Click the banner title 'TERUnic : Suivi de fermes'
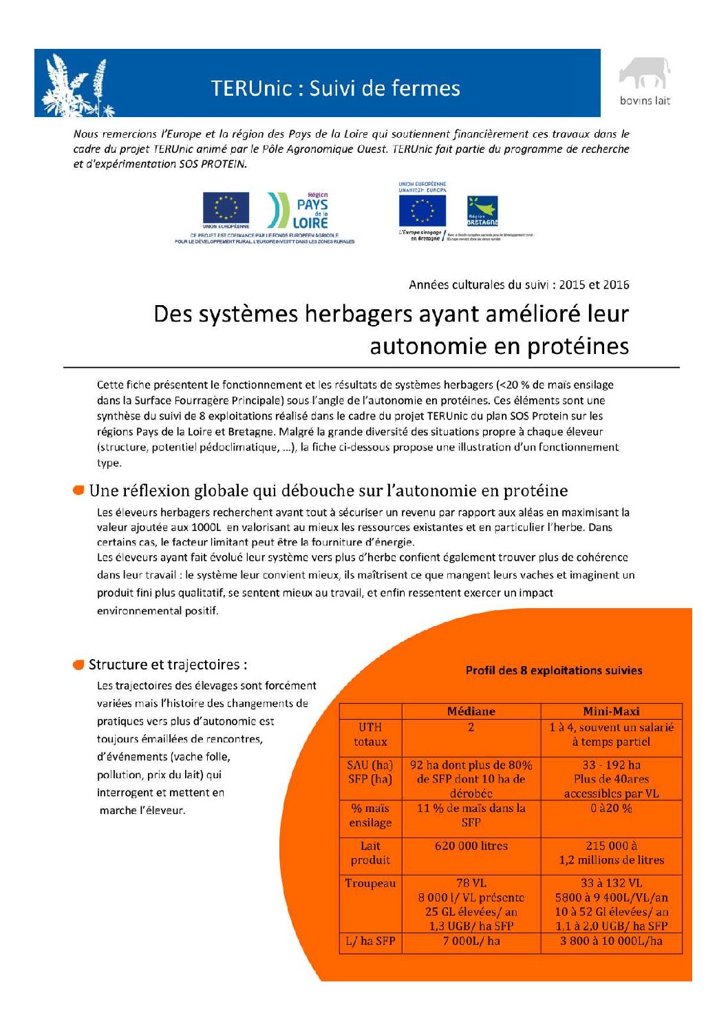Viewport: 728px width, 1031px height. pos(335,88)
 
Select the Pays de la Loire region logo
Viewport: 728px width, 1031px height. pos(299,211)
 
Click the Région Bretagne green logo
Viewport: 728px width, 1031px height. pos(482,211)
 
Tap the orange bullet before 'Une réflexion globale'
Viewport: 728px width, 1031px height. pos(79,490)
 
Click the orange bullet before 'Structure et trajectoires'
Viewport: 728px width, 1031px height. pos(79,665)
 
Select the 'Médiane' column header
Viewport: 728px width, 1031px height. pos(471,711)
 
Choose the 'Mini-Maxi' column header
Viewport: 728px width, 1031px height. pos(611,711)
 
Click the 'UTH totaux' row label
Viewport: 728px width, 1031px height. pos(370,735)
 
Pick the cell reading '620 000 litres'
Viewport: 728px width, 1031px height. pos(471,846)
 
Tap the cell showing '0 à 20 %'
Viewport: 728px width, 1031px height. pos(611,809)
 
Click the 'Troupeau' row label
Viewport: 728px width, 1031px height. pos(370,884)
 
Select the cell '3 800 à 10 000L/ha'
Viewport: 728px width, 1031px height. pos(611,941)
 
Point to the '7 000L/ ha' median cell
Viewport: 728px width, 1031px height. pos(471,941)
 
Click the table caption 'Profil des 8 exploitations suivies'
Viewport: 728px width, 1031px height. pos(554,670)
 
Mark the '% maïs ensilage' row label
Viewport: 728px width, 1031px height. pos(370,815)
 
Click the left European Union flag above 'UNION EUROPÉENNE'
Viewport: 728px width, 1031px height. pos(226,207)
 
